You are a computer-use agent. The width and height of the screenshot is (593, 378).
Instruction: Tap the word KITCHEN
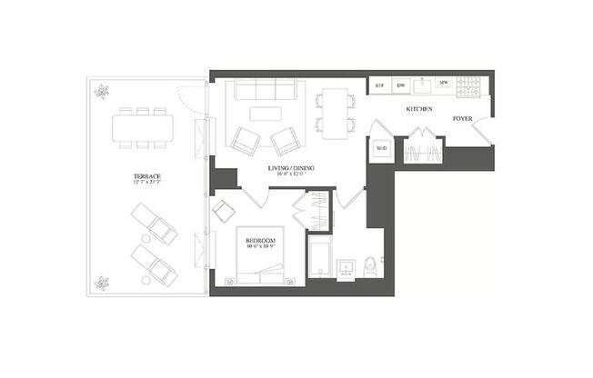coord(418,110)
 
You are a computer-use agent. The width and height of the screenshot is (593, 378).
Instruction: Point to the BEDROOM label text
coord(260,239)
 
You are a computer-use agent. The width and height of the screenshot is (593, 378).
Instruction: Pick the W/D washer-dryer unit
coord(381,149)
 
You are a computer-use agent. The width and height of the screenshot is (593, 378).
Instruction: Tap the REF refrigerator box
coord(380,85)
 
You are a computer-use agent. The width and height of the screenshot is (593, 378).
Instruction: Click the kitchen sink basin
coord(422,85)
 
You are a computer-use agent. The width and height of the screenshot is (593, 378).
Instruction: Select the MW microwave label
coord(444,85)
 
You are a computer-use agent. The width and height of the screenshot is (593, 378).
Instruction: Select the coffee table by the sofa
coord(266,114)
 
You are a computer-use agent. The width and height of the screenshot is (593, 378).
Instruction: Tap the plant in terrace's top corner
coord(101,91)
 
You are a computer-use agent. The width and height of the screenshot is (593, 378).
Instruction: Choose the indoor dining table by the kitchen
coord(335,114)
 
